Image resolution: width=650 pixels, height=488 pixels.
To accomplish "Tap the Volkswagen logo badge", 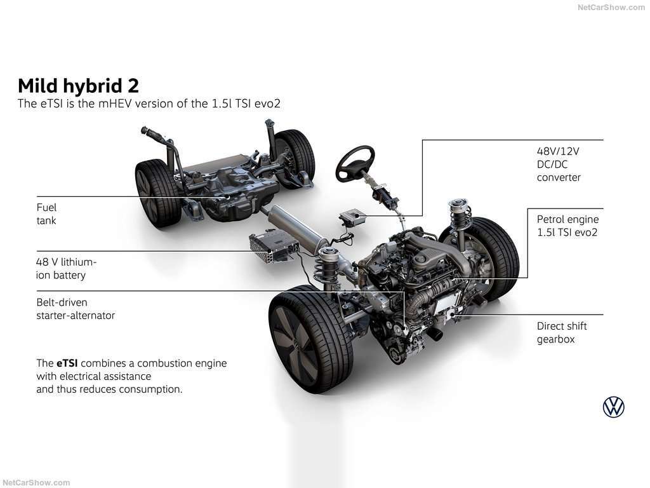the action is pyautogui.click(x=614, y=407).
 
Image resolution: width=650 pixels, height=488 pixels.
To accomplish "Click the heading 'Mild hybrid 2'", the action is pyautogui.click(x=78, y=86).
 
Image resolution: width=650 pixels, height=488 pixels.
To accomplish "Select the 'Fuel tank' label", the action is pyautogui.click(x=46, y=213).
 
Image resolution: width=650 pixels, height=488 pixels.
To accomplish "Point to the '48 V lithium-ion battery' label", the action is pyautogui.click(x=66, y=269).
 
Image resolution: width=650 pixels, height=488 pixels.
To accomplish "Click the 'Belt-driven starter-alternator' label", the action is pyautogui.click(x=76, y=309).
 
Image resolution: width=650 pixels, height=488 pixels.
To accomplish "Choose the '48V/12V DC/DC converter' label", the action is pyautogui.click(x=559, y=164).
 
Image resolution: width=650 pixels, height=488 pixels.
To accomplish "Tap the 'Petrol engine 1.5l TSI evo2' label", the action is pyautogui.click(x=567, y=226).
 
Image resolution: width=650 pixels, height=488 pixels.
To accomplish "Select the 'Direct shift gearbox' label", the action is pyautogui.click(x=562, y=332).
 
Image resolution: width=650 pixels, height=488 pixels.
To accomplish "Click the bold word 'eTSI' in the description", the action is pyautogui.click(x=67, y=363).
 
